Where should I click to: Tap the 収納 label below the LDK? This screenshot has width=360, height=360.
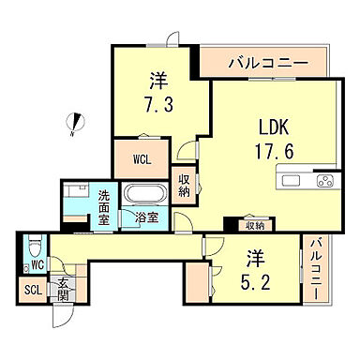[254, 225]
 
